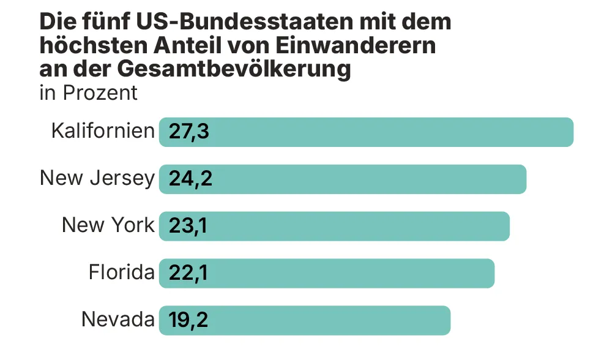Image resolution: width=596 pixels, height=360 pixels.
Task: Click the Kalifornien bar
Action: [366, 132]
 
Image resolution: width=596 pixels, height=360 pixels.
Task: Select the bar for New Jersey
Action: [343, 179]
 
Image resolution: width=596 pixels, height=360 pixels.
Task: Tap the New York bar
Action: [334, 226]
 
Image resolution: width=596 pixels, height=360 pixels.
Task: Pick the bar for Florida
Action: [327, 274]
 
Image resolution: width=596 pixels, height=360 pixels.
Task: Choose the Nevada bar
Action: [305, 320]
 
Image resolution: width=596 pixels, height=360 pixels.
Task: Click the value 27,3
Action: [188, 132]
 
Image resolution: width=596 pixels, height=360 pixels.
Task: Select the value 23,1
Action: [188, 227]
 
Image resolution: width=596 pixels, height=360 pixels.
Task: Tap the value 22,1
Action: [188, 274]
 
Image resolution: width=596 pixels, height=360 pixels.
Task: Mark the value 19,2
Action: [188, 321]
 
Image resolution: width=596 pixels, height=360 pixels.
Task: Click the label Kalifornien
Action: [103, 131]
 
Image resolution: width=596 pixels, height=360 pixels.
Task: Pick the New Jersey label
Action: [97, 178]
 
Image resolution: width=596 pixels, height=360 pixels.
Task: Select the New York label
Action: [108, 225]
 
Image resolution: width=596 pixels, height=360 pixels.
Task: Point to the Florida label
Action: [122, 272]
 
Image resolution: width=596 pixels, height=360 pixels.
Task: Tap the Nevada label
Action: [118, 320]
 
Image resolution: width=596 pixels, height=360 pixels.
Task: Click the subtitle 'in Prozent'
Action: [88, 93]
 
